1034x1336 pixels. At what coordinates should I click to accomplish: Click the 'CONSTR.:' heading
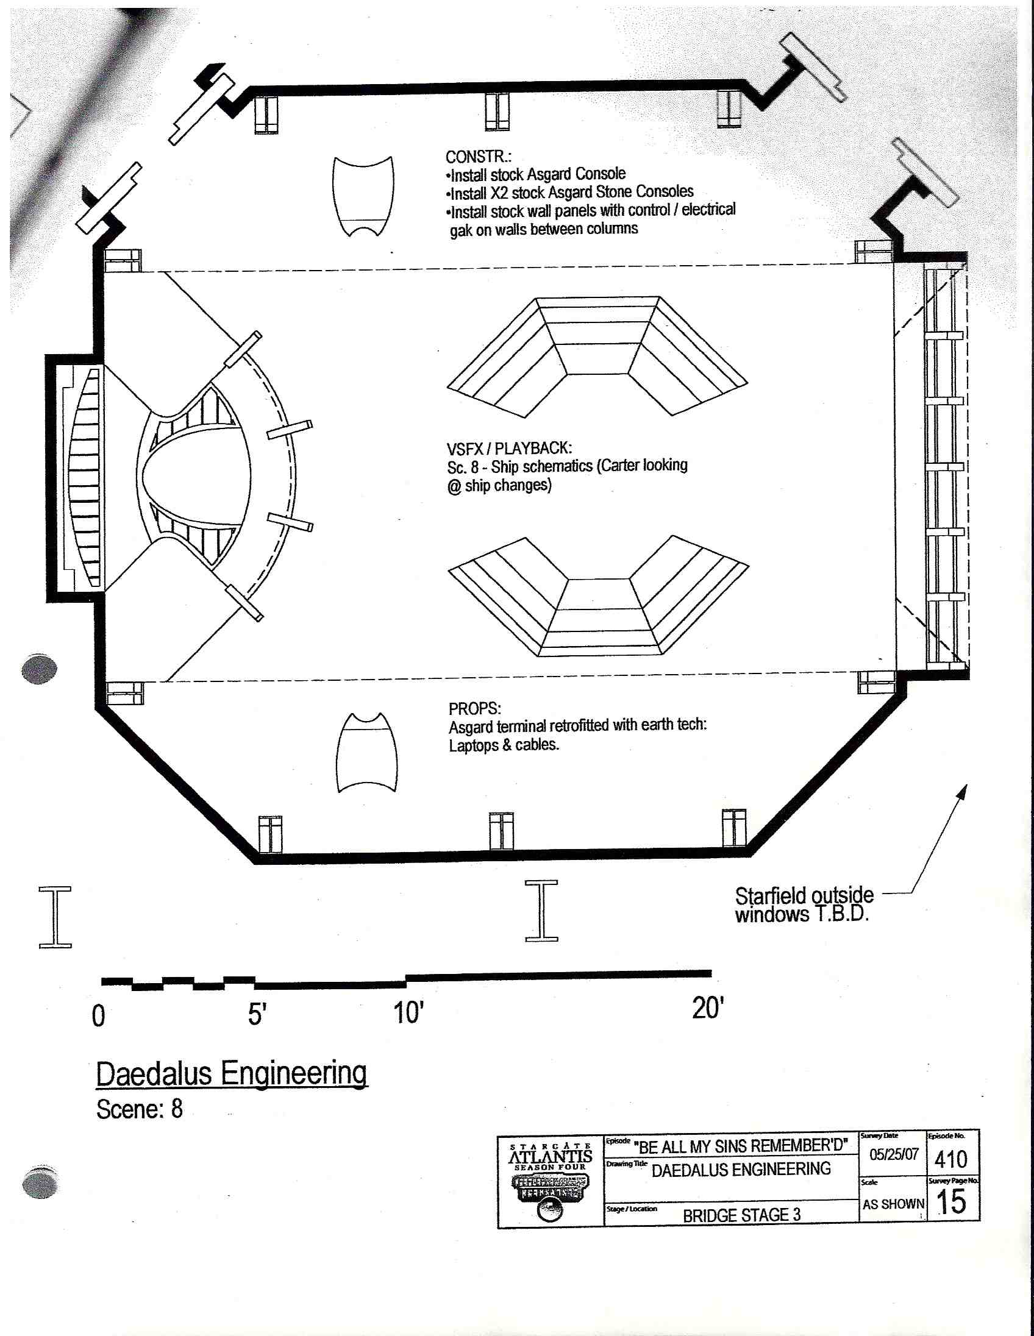click(478, 157)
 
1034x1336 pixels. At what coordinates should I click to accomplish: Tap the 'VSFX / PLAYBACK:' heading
click(509, 449)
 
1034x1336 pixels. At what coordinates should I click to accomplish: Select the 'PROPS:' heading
click(474, 708)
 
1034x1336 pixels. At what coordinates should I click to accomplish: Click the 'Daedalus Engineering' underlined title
click(231, 1073)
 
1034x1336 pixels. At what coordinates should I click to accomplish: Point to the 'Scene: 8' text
click(140, 1109)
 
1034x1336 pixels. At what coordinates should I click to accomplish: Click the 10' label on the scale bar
click(408, 1013)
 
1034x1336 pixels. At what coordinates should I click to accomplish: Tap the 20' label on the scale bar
click(708, 1008)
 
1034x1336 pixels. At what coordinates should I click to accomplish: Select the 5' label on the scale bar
click(257, 1014)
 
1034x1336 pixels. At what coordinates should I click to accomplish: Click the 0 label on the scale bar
click(99, 1016)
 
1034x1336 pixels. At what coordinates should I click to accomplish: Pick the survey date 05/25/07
click(894, 1154)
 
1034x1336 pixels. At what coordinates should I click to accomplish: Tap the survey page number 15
click(952, 1202)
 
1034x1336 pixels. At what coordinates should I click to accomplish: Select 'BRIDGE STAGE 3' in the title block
click(741, 1215)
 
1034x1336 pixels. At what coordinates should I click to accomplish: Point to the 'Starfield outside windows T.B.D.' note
click(804, 904)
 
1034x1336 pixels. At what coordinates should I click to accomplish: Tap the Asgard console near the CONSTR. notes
click(363, 196)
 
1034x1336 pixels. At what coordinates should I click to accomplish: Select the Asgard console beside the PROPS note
click(366, 753)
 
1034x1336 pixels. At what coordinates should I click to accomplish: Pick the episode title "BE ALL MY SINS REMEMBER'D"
click(741, 1146)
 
